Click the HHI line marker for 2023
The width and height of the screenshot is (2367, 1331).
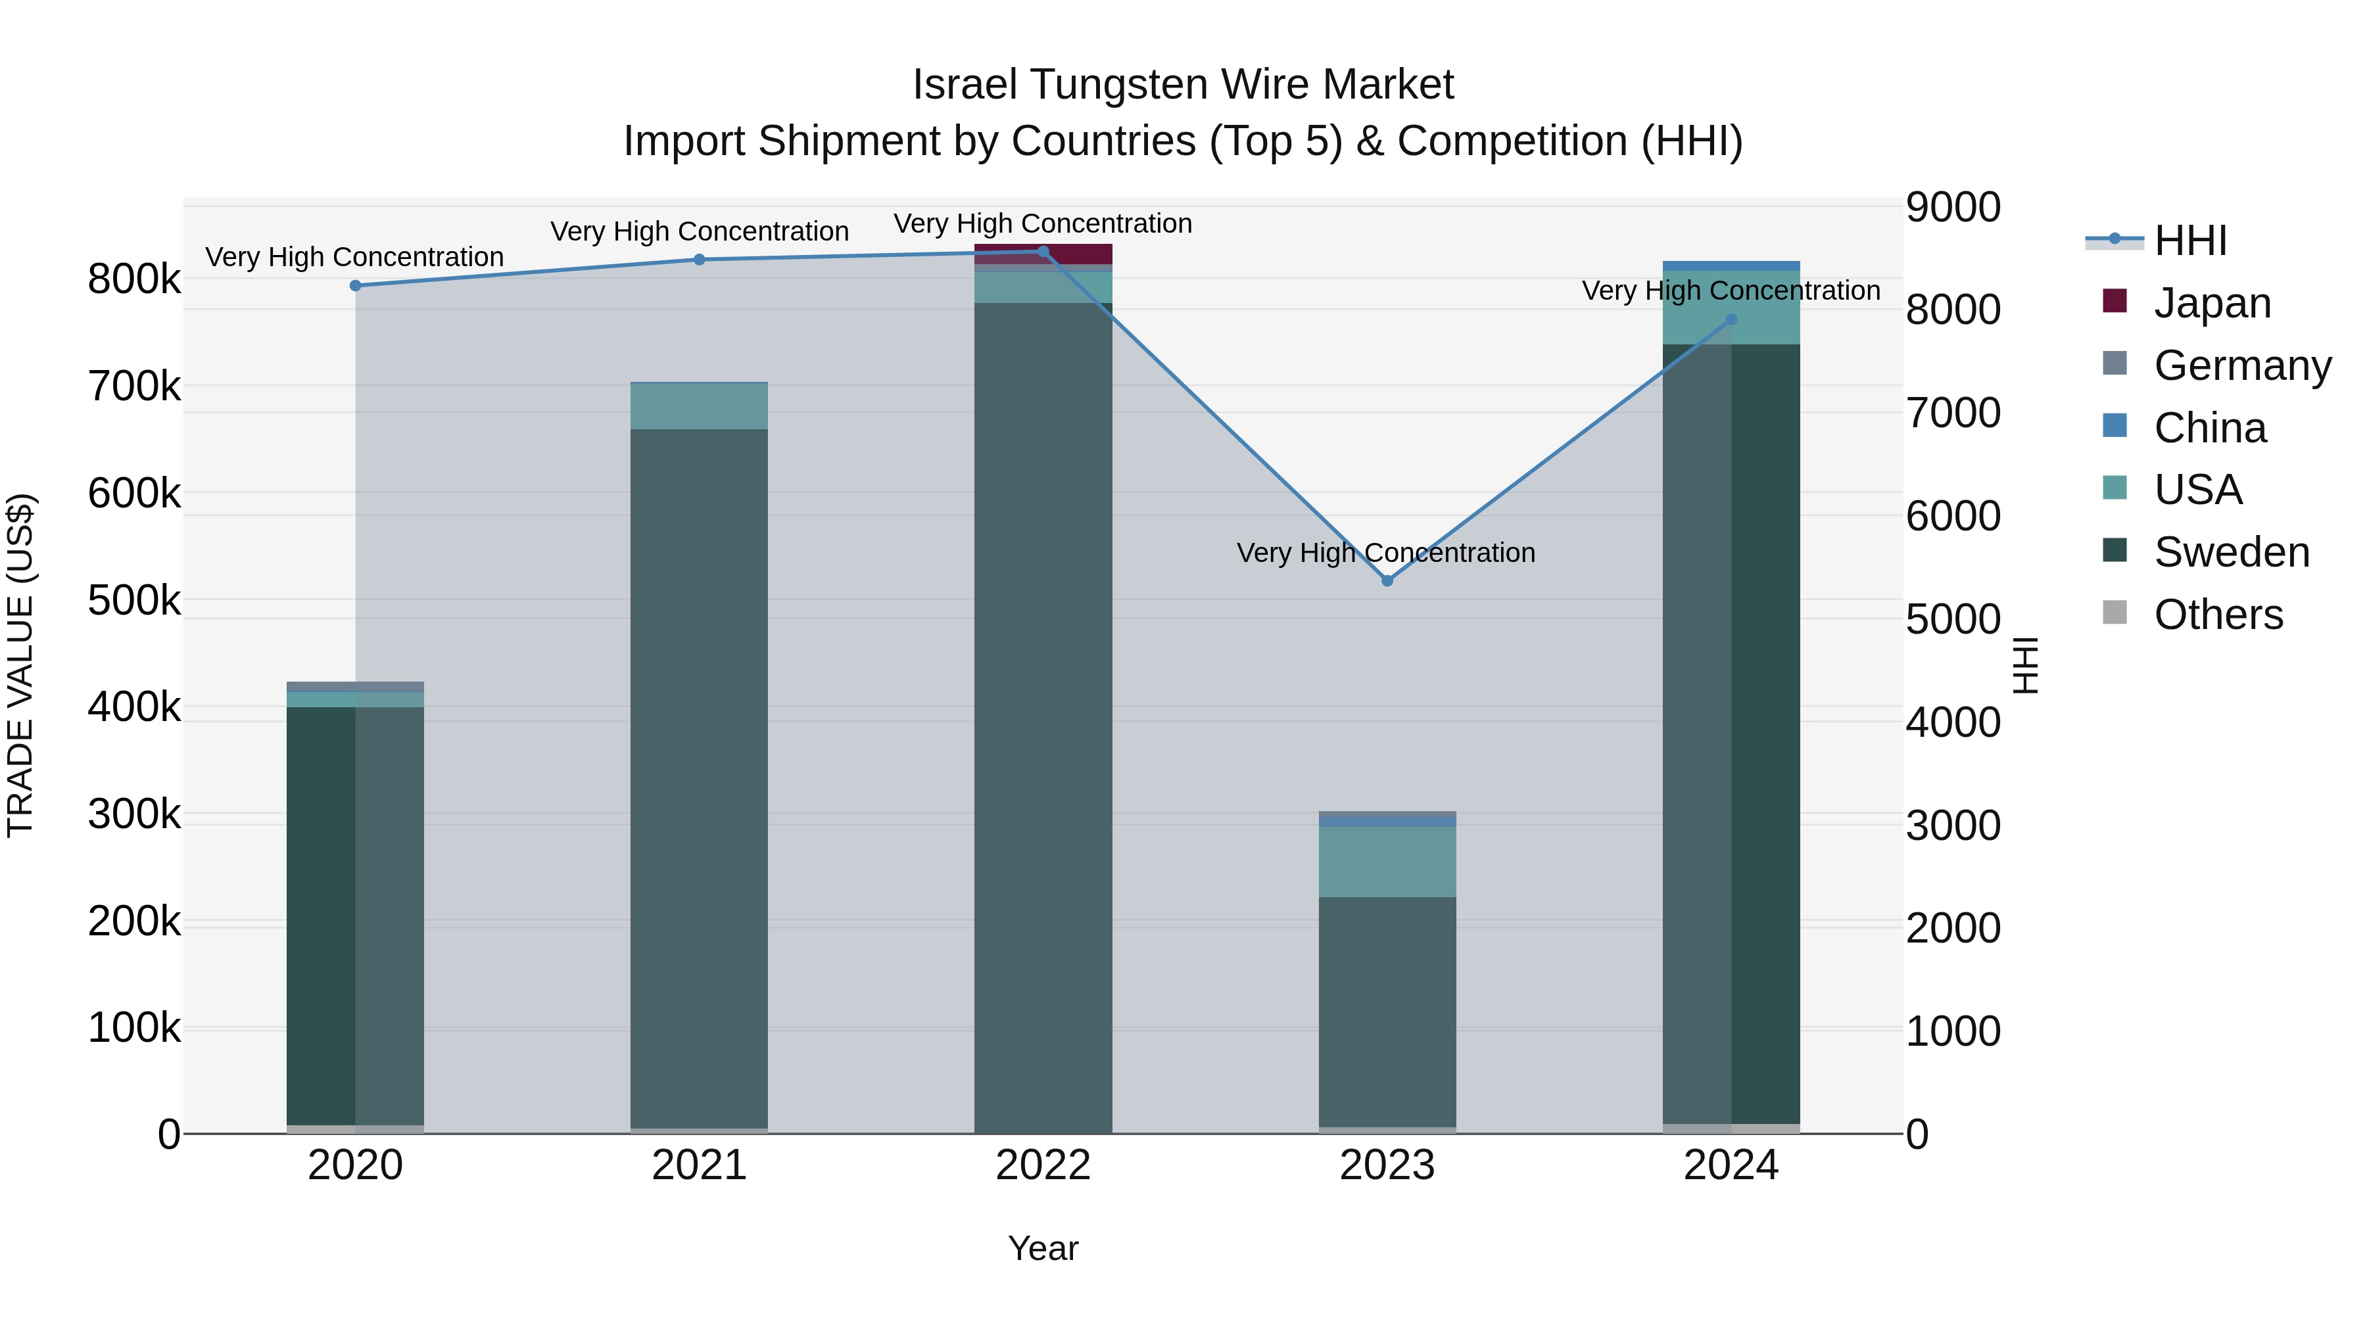[1387, 580]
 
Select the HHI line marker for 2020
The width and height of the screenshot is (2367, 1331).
[356, 286]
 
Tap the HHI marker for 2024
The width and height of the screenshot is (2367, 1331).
[1731, 319]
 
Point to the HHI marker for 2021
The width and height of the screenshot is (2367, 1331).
[700, 260]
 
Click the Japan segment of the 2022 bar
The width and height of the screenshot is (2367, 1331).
[1043, 254]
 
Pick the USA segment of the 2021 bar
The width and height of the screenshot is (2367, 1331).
[700, 406]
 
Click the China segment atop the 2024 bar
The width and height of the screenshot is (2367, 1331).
[1731, 266]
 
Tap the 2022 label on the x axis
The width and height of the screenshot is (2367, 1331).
[1043, 1165]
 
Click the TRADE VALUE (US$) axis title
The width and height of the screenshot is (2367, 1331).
[20, 665]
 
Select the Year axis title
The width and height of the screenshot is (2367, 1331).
[1043, 1248]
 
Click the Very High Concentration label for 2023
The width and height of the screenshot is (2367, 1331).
[1385, 553]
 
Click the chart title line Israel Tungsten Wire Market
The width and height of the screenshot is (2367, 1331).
[1183, 85]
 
